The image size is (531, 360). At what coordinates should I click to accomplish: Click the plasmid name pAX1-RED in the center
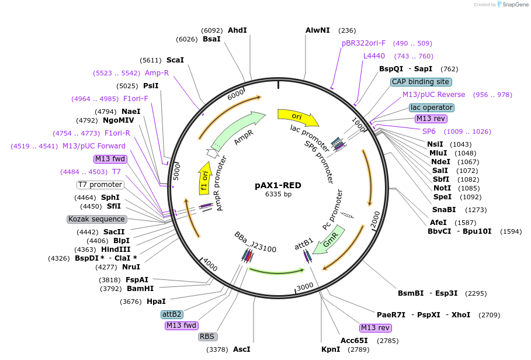coord(278,185)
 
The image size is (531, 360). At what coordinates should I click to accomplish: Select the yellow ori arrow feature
coord(298,116)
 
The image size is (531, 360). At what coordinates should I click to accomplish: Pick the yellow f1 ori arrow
coord(204,178)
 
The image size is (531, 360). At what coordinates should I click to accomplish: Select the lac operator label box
coord(432,108)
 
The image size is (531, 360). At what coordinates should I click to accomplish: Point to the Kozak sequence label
coord(97,219)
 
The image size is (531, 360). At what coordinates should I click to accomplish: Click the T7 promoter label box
coord(100,185)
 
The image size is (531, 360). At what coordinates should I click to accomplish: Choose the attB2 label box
coord(172,314)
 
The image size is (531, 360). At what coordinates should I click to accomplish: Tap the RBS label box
coord(207,337)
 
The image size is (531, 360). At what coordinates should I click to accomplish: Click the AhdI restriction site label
coord(237,30)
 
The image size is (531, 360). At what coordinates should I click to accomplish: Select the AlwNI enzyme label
coord(318,30)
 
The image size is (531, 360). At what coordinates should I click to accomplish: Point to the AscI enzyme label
coord(241,349)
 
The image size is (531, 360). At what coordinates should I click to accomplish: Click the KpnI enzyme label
coord(331,349)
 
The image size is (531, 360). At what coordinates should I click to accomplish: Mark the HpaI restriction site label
coord(156,302)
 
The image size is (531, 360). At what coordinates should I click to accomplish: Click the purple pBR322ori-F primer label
coord(363,43)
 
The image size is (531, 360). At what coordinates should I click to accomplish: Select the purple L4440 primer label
coord(374,56)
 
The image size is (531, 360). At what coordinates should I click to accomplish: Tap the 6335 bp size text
coord(278,195)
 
